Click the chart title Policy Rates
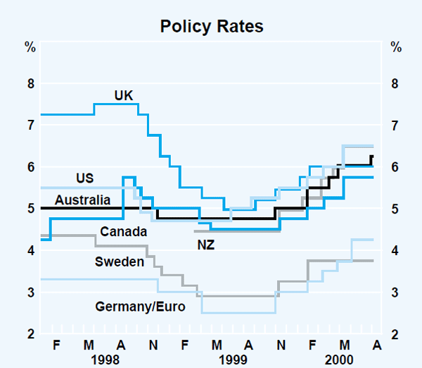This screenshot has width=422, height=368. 211,27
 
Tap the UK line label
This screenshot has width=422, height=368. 124,95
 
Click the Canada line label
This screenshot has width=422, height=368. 123,231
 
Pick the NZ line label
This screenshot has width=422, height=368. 205,245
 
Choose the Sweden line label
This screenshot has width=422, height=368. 119,262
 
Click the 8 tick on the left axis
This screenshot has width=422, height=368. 30,84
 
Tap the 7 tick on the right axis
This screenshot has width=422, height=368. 395,125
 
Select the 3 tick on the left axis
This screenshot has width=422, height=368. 30,292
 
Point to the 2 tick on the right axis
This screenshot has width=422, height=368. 395,333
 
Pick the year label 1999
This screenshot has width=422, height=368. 231,359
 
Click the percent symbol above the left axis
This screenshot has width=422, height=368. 30,48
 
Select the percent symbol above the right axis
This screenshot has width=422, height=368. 395,48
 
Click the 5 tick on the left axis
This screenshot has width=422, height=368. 30,209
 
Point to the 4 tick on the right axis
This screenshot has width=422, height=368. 395,250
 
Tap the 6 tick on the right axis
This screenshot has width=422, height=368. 395,167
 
